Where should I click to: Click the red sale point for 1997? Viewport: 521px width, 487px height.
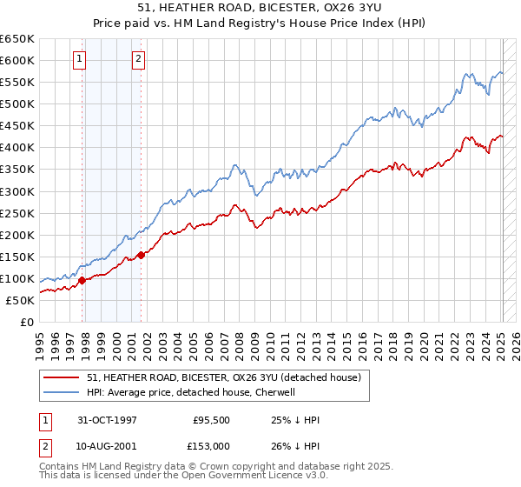pyautogui.click(x=82, y=280)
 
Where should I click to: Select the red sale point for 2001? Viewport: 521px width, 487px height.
pyautogui.click(x=141, y=256)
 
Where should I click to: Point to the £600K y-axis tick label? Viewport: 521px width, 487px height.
pyautogui.click(x=17, y=60)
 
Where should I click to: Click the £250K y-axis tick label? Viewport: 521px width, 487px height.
pyautogui.click(x=17, y=213)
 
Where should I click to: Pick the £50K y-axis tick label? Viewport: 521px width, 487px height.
pyautogui.click(x=21, y=300)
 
